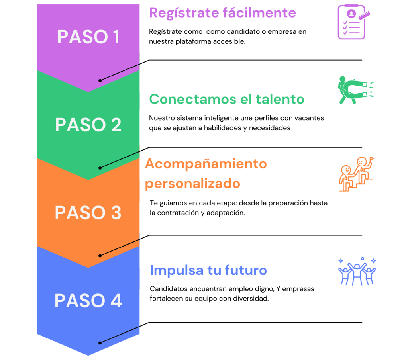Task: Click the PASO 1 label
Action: point(88,37)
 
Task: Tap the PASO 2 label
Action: point(88,125)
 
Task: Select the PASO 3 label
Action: point(88,213)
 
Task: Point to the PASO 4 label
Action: point(88,301)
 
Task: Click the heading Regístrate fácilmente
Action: point(222,13)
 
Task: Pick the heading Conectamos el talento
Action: point(227,99)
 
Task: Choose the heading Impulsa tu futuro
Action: point(208,270)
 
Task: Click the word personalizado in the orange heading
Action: point(193,184)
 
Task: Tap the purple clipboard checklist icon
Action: point(353,22)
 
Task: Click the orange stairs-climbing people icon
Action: point(356,174)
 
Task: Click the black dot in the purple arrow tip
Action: point(100,80)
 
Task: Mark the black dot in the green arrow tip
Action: point(100,168)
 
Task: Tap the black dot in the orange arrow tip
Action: point(100,256)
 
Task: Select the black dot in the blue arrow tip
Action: point(100,343)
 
